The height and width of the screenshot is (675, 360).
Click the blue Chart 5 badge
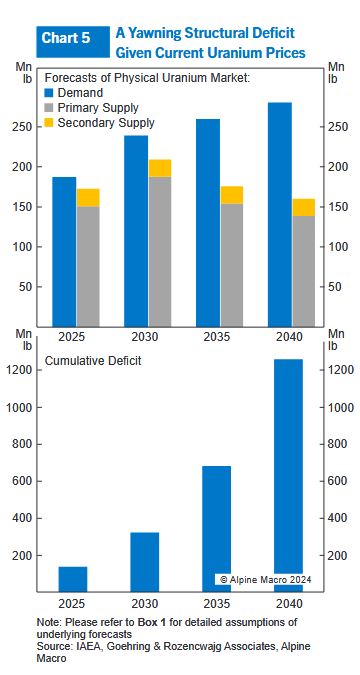point(73,42)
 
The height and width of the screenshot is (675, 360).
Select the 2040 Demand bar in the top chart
point(279,214)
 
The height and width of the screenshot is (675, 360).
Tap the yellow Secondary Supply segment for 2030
point(160,168)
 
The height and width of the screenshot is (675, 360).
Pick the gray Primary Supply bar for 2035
point(232,265)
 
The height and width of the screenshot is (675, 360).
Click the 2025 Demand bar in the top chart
point(64,251)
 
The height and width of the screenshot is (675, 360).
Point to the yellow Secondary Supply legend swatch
point(50,122)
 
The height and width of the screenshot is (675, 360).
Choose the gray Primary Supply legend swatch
point(50,108)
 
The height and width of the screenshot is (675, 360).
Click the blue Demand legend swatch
point(50,93)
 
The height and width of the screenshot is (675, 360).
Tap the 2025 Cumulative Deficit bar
point(73,579)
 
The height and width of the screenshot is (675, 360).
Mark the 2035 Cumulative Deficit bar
point(217,529)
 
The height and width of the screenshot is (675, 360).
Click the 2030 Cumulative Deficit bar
point(145,562)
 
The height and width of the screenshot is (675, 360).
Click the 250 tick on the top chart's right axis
point(338,127)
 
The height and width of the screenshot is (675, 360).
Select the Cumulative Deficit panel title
point(93,361)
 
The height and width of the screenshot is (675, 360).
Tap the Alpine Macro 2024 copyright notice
point(265,579)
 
